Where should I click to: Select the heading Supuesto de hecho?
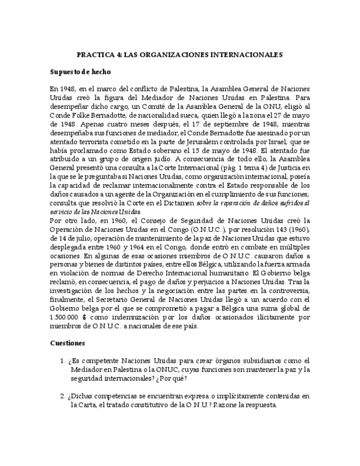click(x=80, y=72)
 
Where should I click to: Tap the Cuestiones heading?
click(x=67, y=342)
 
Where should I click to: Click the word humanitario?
click(x=224, y=273)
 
